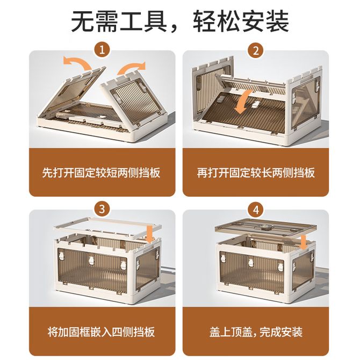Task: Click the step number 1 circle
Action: pyautogui.click(x=102, y=50)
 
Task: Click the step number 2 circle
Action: pyautogui.click(x=256, y=50)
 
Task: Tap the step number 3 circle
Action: pyautogui.click(x=102, y=209)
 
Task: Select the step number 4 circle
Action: pyautogui.click(x=256, y=209)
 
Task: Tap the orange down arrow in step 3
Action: pyautogui.click(x=150, y=235)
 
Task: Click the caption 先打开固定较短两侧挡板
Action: pyautogui.click(x=101, y=172)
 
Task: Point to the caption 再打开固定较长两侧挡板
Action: pyautogui.click(x=256, y=172)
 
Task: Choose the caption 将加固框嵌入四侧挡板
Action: pyautogui.click(x=101, y=332)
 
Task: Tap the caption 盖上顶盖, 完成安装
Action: pyautogui.click(x=256, y=332)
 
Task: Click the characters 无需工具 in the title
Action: pyautogui.click(x=119, y=21)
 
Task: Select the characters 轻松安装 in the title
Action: pyautogui.click(x=241, y=21)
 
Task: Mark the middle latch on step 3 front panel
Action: pyautogui.click(x=92, y=261)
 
